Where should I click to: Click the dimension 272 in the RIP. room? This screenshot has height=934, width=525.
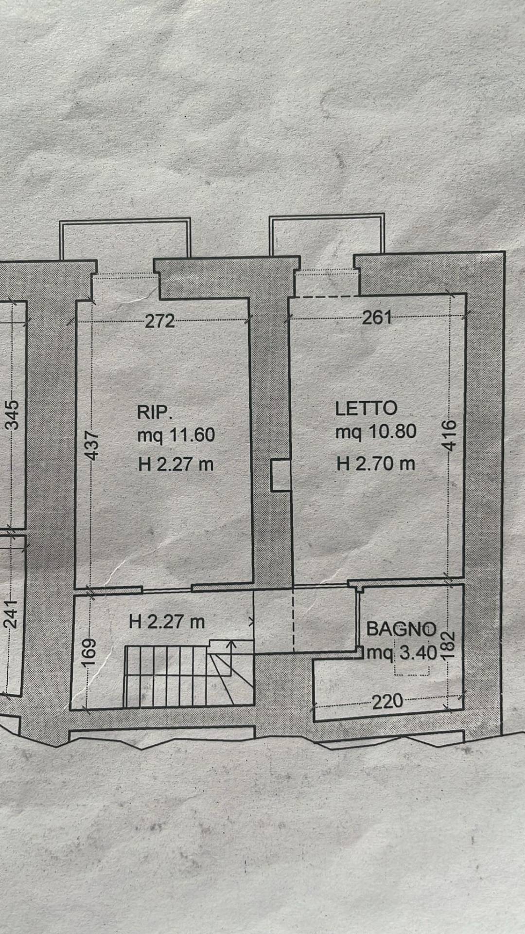(160, 321)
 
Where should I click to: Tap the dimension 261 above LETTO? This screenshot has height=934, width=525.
(377, 318)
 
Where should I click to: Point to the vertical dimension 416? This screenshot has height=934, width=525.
(450, 435)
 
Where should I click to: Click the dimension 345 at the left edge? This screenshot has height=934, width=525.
(13, 414)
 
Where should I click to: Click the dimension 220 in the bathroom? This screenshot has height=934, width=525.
(387, 701)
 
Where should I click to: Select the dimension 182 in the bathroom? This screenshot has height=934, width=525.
(448, 645)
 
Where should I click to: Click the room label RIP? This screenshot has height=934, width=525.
(155, 413)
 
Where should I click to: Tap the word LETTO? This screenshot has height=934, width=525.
(366, 409)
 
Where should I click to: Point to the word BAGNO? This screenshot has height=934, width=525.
(401, 629)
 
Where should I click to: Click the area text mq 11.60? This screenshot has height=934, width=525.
(176, 434)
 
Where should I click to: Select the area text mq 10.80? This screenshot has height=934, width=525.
(376, 431)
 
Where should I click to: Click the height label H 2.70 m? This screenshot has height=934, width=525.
(376, 464)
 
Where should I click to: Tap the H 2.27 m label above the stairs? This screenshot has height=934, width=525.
(167, 622)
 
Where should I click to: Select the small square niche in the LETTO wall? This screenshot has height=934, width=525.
(280, 475)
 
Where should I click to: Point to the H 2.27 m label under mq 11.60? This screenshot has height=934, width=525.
(176, 465)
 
